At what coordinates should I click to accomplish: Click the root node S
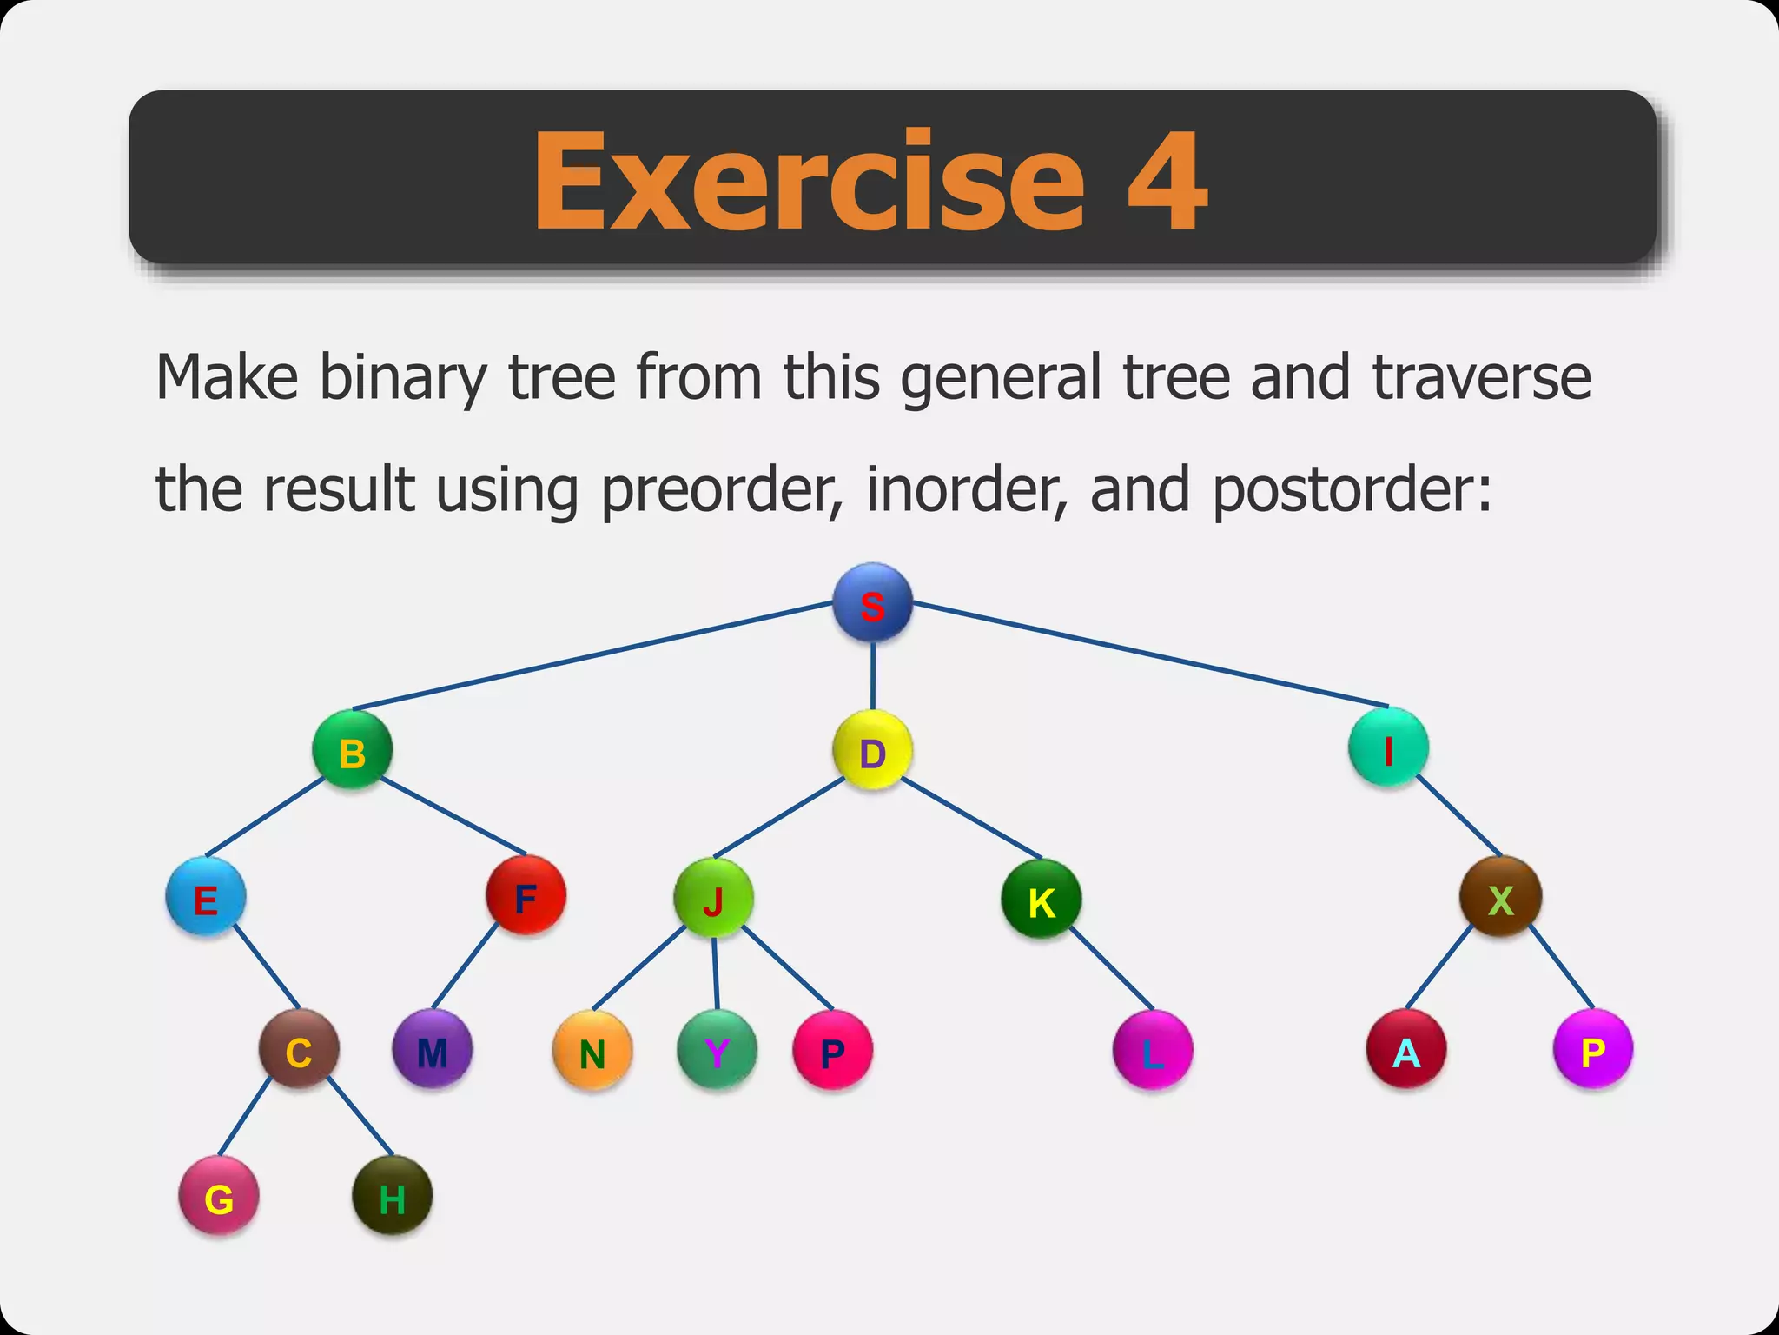[x=872, y=603]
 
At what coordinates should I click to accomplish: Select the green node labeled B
[x=352, y=750]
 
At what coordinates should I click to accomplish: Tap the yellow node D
[x=872, y=750]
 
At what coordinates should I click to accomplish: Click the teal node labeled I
[x=1388, y=748]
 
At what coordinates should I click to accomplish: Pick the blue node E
[x=206, y=897]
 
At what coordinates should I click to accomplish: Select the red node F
[x=526, y=895]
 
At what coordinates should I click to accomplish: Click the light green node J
[x=713, y=898]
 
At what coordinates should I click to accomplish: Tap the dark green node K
[x=1042, y=900]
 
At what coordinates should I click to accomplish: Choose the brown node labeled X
[x=1500, y=897]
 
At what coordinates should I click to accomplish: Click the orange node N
[x=592, y=1050]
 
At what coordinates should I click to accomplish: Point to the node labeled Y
[x=717, y=1050]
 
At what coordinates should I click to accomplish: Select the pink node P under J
[x=832, y=1050]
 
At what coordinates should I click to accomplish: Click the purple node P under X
[x=1592, y=1049]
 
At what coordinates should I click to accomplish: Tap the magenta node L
[x=1152, y=1050]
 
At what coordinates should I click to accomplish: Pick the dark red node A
[x=1406, y=1049]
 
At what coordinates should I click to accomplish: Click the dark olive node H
[x=392, y=1196]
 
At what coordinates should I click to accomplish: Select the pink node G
[x=219, y=1196]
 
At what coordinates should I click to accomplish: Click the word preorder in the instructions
[x=719, y=490]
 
